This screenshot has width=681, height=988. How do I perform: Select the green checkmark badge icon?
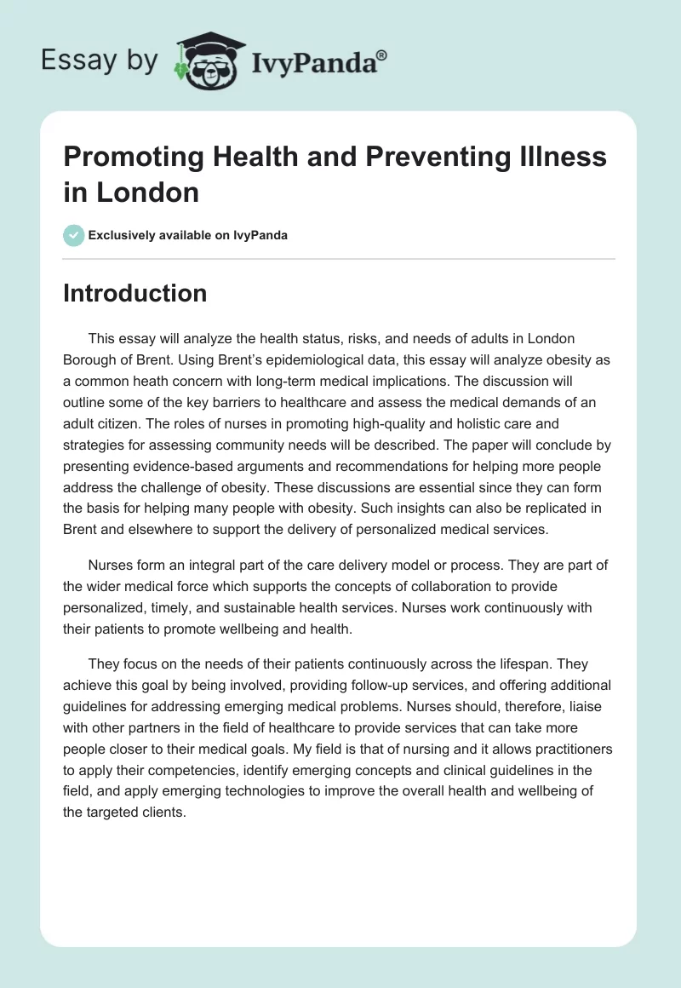coord(74,235)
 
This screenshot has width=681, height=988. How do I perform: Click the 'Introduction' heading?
coord(135,293)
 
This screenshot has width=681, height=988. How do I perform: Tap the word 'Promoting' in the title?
coord(129,157)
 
